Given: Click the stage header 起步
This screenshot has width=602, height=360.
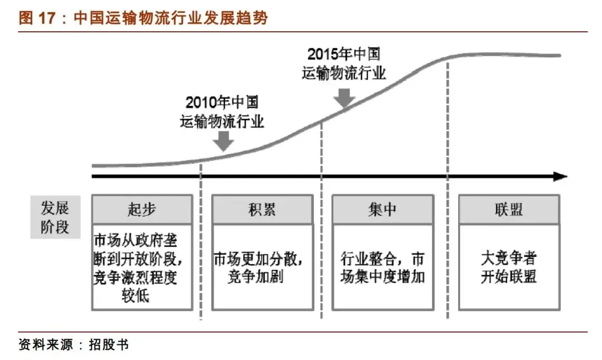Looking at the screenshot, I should [142, 210].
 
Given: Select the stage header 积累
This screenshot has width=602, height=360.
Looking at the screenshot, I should [262, 210].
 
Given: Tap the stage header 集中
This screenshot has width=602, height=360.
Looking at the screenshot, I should [382, 210].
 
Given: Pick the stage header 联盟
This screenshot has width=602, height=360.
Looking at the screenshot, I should [508, 210].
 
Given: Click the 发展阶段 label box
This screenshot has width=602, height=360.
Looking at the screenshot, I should [55, 217].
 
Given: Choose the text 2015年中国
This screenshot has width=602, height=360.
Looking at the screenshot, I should [344, 55].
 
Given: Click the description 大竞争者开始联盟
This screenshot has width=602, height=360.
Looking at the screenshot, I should [508, 267].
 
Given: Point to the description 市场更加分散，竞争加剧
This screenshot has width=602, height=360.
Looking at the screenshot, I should [262, 267].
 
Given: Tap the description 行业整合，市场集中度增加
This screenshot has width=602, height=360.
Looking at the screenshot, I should [382, 267].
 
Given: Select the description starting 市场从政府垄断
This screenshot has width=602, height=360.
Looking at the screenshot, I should [142, 268].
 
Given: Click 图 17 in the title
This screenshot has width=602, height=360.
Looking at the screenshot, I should [37, 18].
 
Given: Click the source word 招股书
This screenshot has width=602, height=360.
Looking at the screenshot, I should [109, 344].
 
